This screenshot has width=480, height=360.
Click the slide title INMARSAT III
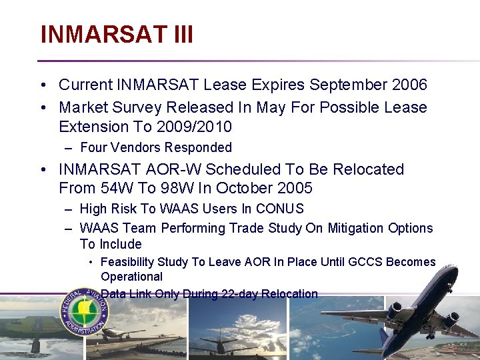117,34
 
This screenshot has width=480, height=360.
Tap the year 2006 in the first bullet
410,85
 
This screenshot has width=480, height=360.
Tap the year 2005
295,189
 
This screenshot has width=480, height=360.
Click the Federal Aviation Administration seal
85,311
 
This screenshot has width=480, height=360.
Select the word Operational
131,277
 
